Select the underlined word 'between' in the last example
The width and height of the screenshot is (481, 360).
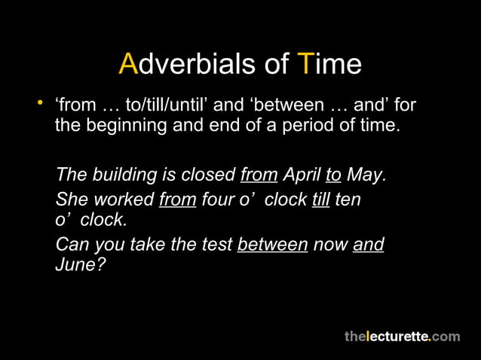272,246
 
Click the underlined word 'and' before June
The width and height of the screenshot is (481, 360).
368,246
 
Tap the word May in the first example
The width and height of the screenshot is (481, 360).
367,175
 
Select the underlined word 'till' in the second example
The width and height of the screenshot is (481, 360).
322,201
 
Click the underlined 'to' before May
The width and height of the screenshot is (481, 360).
333,175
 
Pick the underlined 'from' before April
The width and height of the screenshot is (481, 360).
259,175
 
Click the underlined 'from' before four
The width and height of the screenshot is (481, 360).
178,201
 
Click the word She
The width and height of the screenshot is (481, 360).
70,201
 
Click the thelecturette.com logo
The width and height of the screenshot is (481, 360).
402,336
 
